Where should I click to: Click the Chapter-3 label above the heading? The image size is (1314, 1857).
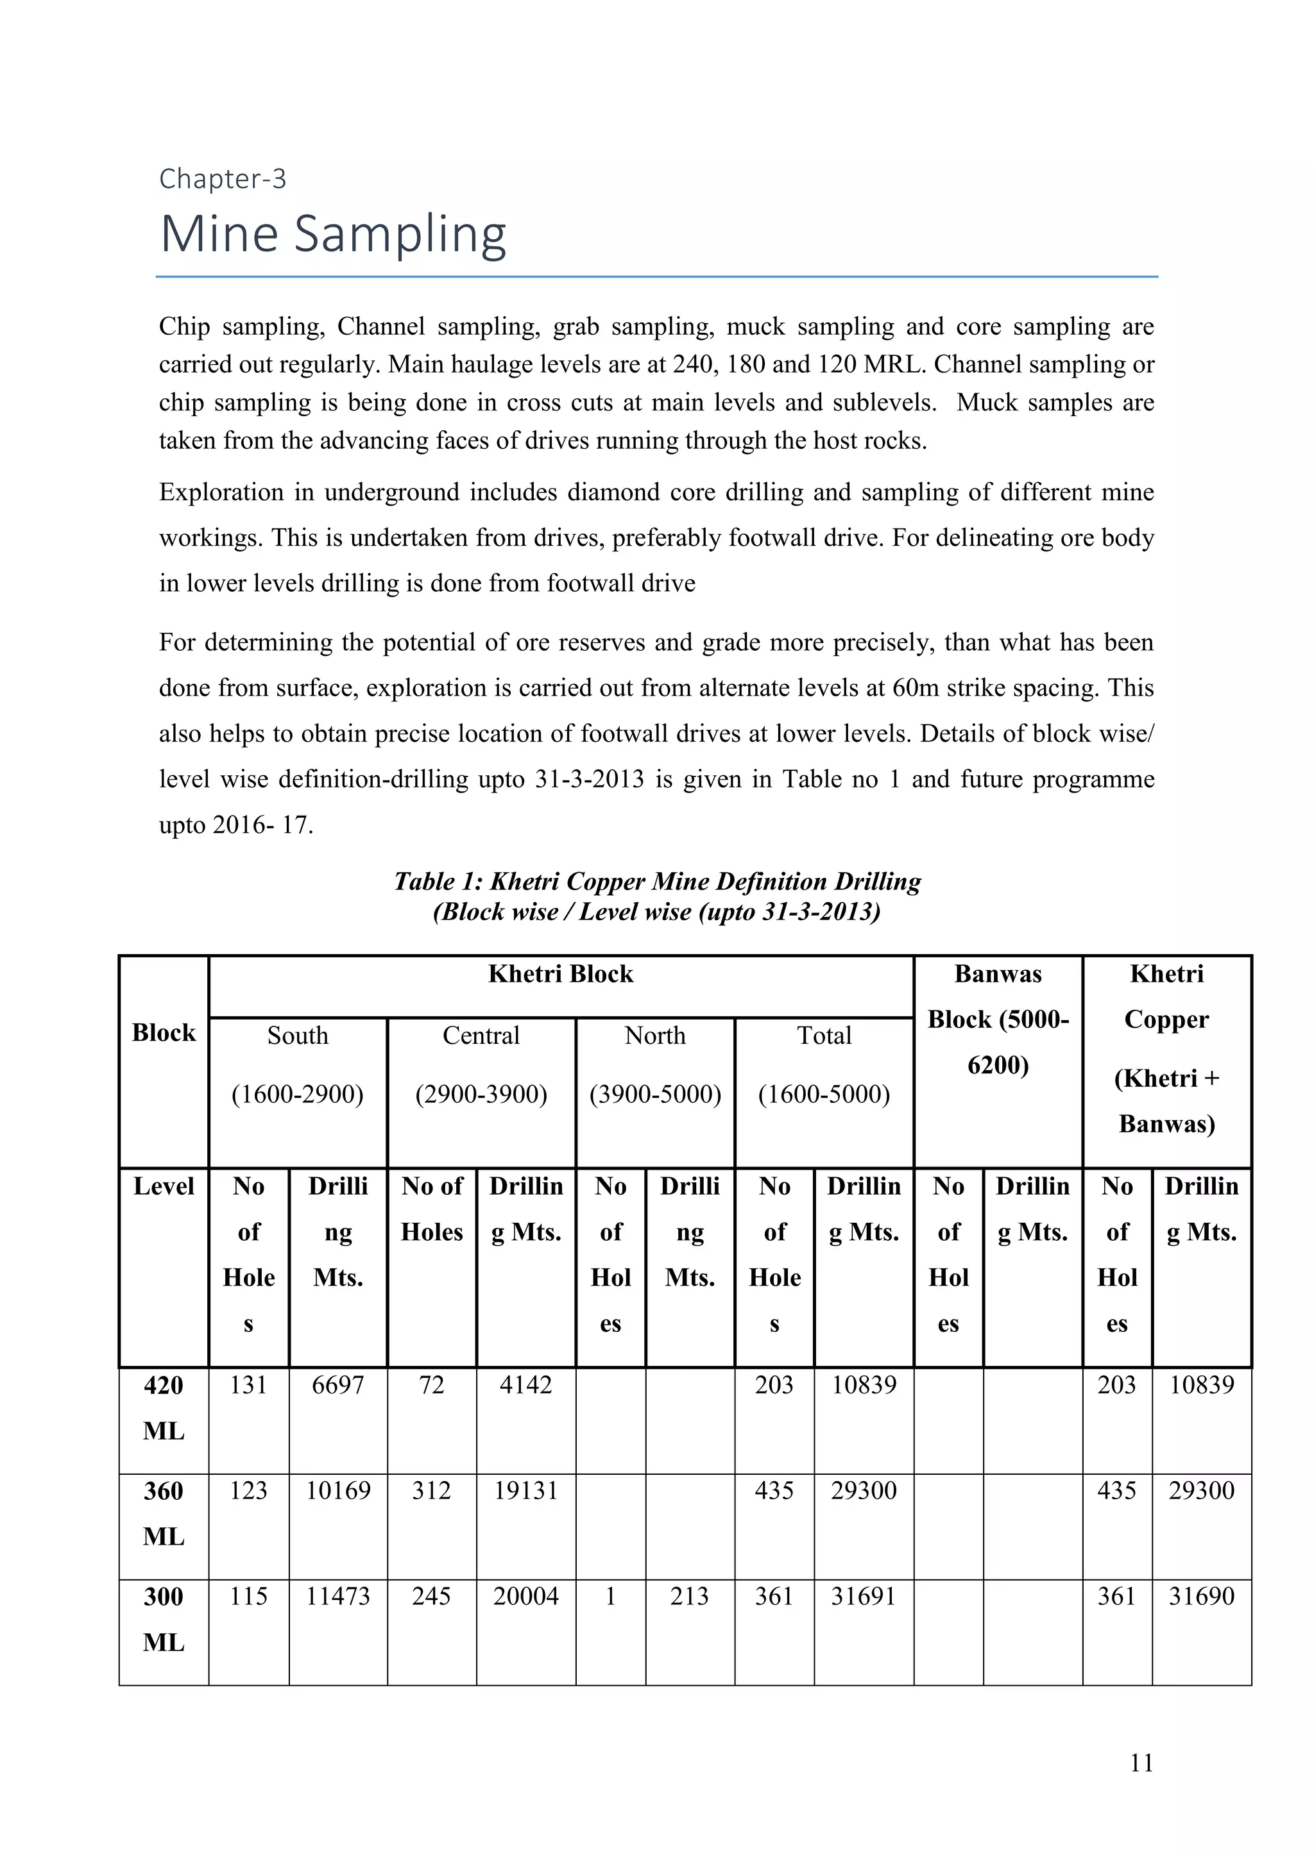(223, 179)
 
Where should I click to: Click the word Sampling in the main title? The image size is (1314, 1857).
(400, 235)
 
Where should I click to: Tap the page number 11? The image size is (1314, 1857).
(1141, 1762)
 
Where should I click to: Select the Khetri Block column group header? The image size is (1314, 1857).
(561, 974)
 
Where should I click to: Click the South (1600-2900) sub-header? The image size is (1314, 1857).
(298, 1064)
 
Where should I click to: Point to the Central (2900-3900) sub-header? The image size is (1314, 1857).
(481, 1064)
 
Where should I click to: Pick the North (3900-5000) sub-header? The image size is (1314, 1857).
(654, 1064)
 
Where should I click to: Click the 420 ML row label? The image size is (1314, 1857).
(164, 1408)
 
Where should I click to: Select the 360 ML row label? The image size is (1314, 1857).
(164, 1513)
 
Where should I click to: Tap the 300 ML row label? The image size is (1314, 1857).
(164, 1619)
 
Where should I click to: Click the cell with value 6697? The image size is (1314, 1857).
(337, 1386)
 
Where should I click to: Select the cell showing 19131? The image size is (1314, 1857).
(526, 1491)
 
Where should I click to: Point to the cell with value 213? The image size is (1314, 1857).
(689, 1597)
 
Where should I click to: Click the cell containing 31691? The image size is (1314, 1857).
(864, 1597)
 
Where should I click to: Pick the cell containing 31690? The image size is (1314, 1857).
(1202, 1597)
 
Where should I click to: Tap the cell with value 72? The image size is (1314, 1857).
(431, 1386)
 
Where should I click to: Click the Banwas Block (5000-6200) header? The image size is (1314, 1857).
(998, 1019)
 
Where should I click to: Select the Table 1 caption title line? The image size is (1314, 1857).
(657, 882)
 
